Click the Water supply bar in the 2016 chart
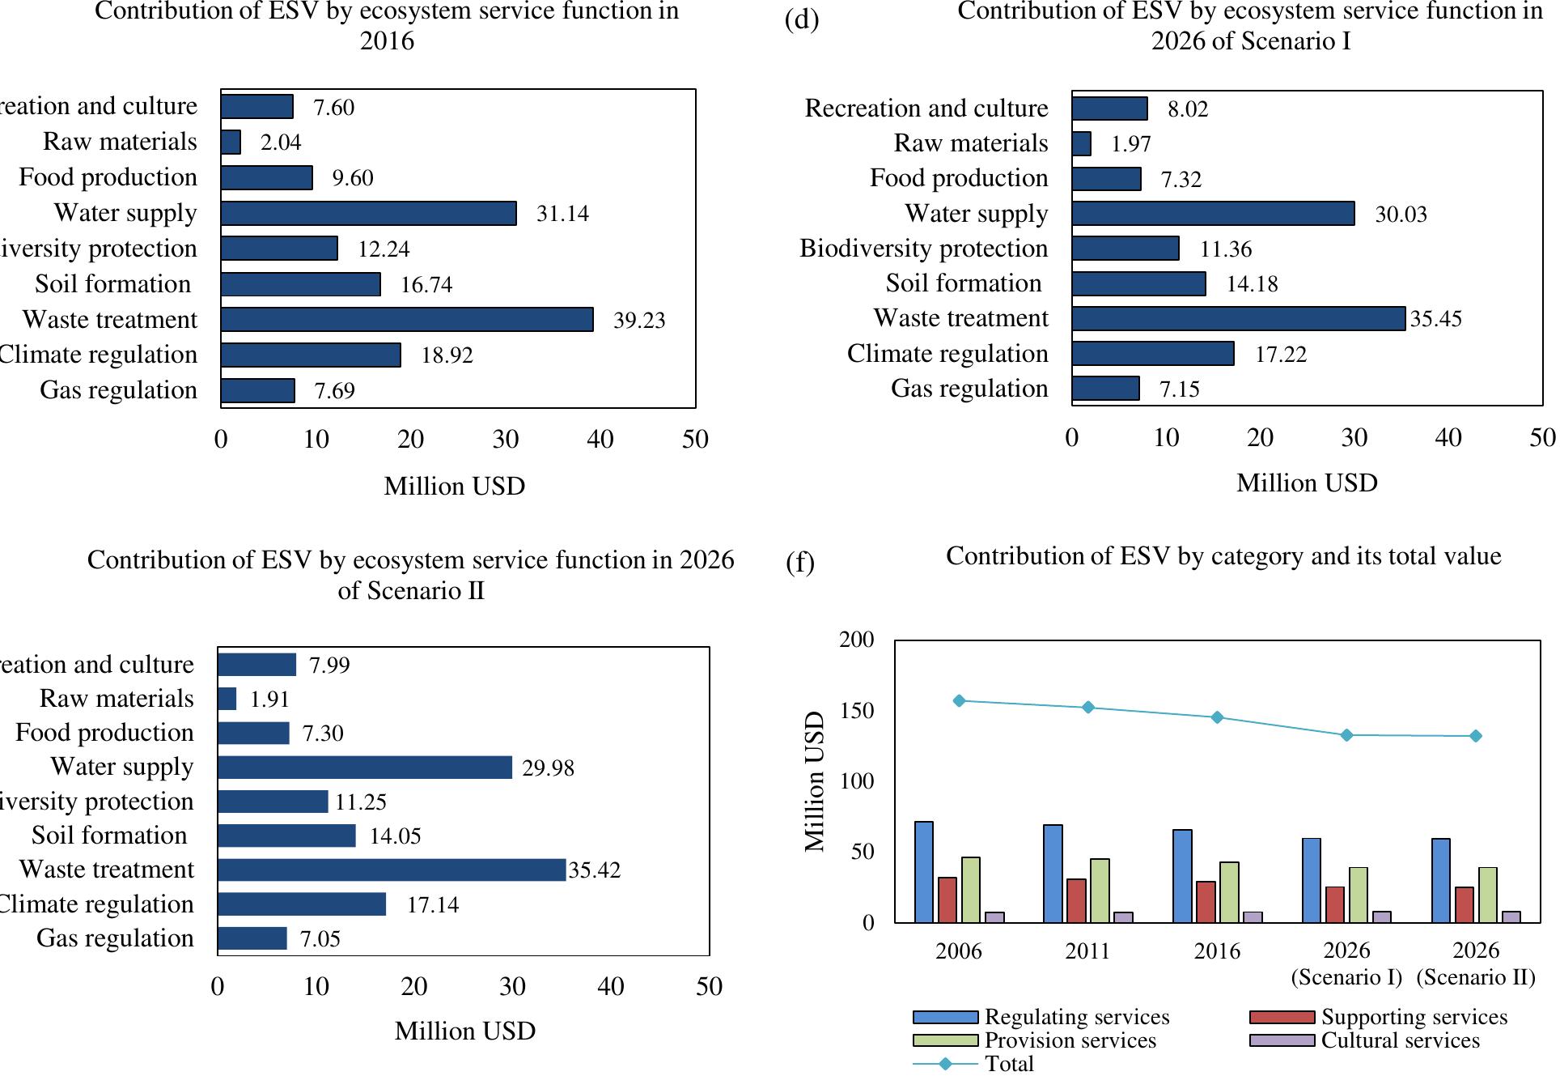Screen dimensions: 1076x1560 tap(368, 213)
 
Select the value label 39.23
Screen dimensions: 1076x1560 tap(639, 320)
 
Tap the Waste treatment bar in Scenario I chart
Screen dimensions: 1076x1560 tap(1238, 318)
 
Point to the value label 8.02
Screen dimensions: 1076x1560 tap(1187, 109)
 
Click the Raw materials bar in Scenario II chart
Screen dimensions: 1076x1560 tap(227, 699)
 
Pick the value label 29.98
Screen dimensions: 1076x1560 tap(548, 768)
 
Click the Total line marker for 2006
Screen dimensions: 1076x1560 tap(959, 700)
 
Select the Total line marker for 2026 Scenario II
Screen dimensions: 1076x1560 tap(1476, 736)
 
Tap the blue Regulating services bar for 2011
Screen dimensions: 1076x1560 tap(1053, 874)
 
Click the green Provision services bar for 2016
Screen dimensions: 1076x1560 tap(1229, 892)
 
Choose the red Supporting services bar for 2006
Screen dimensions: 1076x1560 tap(947, 900)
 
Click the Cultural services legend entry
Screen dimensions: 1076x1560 tap(1400, 1040)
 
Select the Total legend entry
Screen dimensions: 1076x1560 tap(1008, 1064)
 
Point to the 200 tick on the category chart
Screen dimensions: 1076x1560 tap(857, 640)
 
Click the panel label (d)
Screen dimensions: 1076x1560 tap(802, 19)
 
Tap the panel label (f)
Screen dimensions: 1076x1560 tap(800, 562)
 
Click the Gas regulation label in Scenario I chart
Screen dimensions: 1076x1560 tap(969, 389)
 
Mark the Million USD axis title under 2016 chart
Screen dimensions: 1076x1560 tap(455, 486)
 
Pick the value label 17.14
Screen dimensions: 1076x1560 tap(432, 904)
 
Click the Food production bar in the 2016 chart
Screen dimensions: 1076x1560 tap(266, 177)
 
